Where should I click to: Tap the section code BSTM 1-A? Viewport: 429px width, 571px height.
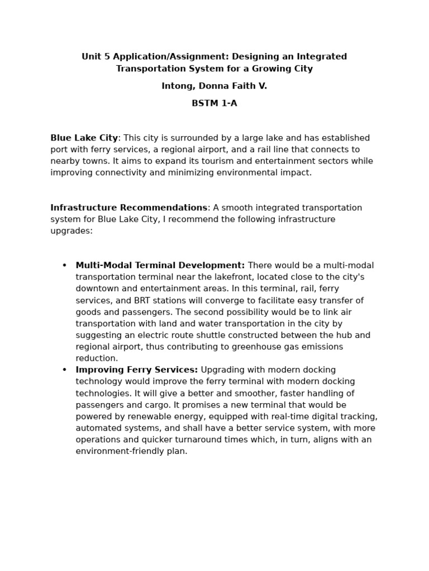(214, 104)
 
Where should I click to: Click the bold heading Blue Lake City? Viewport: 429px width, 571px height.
(84, 138)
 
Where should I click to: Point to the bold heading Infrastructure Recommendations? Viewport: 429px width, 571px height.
(128, 208)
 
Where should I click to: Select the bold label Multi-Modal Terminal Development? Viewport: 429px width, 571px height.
(160, 265)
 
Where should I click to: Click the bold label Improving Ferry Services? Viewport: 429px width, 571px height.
(136, 370)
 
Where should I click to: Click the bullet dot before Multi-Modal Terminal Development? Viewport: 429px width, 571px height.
(64, 265)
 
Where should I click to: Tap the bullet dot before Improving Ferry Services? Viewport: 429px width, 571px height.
(64, 370)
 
